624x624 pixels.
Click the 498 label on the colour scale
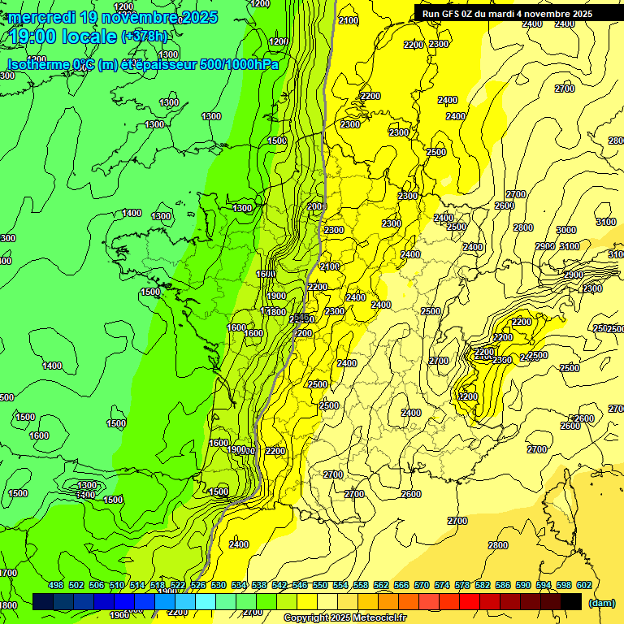coord(56,585)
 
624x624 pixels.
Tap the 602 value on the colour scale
coord(584,585)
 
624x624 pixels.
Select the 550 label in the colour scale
coord(320,585)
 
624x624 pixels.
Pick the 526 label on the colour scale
coord(198,585)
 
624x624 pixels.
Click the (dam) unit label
coord(602,602)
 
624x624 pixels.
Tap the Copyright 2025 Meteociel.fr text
coord(345,618)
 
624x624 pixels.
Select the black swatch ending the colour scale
coord(571,601)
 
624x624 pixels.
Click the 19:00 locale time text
coord(63,37)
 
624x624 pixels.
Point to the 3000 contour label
coord(566,230)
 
